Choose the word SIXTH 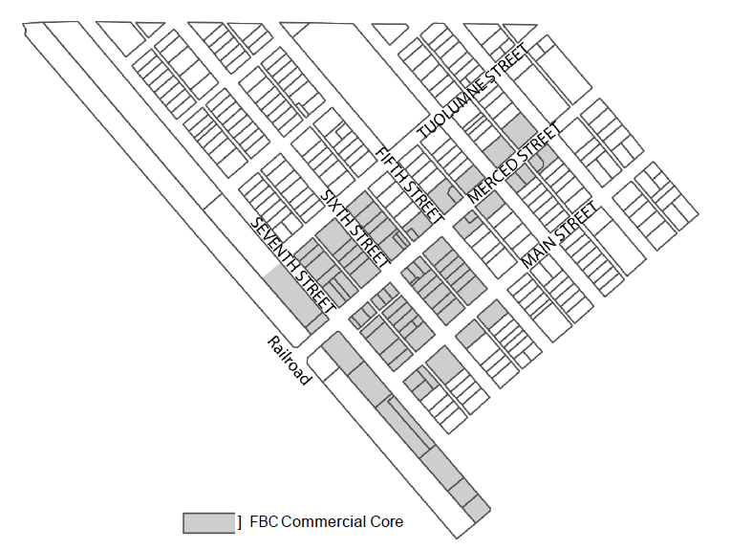(x=337, y=205)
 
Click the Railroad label (x=290, y=361)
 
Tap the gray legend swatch (x=208, y=522)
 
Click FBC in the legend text (x=263, y=522)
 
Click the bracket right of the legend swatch (x=239, y=522)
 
